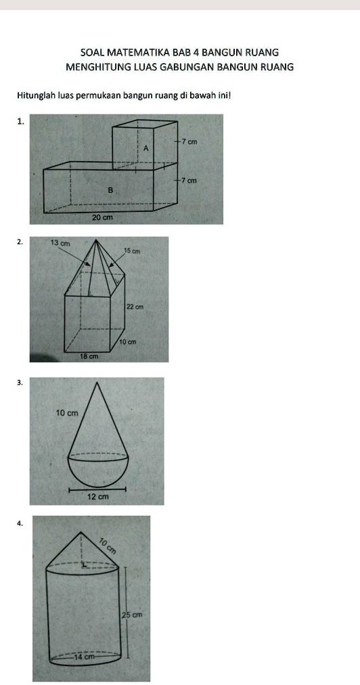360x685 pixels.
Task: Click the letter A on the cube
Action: tap(146, 148)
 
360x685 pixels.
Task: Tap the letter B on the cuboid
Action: tap(110, 190)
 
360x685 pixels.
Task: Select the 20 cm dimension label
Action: tap(102, 217)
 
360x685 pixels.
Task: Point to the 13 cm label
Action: tap(60, 243)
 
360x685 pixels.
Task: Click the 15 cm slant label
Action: tap(133, 250)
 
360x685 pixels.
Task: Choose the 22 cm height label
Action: tap(135, 307)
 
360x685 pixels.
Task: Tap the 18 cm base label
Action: tap(89, 357)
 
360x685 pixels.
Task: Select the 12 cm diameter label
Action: tap(98, 497)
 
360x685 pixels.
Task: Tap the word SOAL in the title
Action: tap(92, 53)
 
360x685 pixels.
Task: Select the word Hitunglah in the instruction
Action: tap(37, 95)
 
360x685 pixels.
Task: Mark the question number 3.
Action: tap(19, 382)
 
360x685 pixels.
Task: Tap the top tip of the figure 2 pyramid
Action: tap(95, 240)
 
